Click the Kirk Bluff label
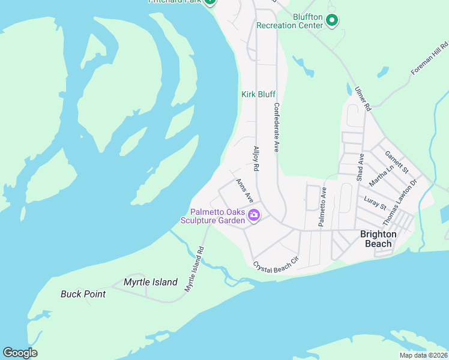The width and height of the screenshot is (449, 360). pyautogui.click(x=258, y=94)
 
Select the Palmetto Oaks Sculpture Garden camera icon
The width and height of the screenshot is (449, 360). pyautogui.click(x=254, y=215)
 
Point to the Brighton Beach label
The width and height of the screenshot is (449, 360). pyautogui.click(x=378, y=239)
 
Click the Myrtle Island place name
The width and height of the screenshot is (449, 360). pyautogui.click(x=151, y=282)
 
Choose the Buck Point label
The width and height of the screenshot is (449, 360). pyautogui.click(x=83, y=294)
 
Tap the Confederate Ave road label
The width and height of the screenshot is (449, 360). pyautogui.click(x=277, y=127)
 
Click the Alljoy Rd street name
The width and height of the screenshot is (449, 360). pyautogui.click(x=256, y=160)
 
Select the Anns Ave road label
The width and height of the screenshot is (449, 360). pyautogui.click(x=245, y=190)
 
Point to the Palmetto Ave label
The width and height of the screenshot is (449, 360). pyautogui.click(x=322, y=206)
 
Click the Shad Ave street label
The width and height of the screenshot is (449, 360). pyautogui.click(x=361, y=167)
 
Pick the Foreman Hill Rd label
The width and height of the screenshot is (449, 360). pyautogui.click(x=430, y=58)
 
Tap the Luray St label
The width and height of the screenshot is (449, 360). pyautogui.click(x=375, y=202)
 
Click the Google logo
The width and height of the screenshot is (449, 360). pyautogui.click(x=20, y=353)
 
